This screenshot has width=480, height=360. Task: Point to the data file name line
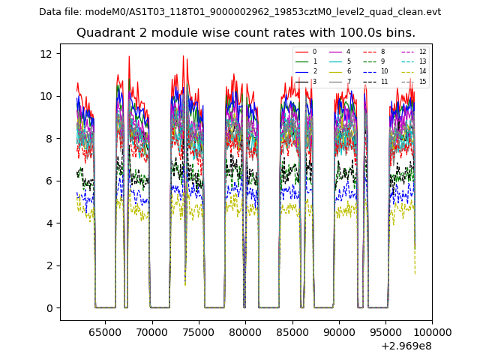240,12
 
